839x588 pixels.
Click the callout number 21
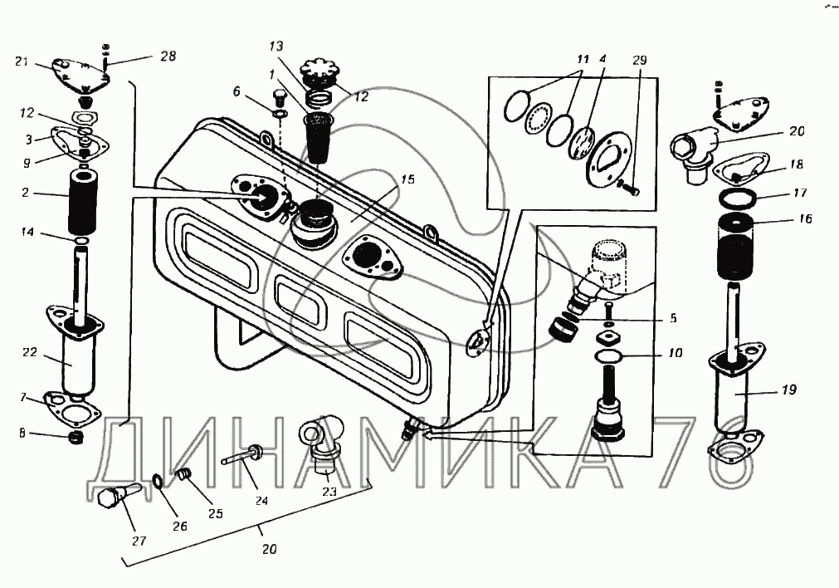pos(22,61)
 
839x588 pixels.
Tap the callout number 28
pos(168,56)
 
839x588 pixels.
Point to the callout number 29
pos(639,61)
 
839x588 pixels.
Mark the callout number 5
pos(673,317)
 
